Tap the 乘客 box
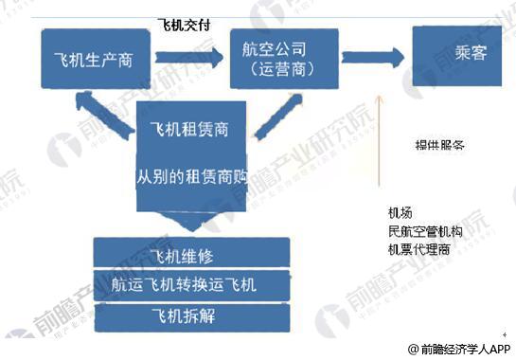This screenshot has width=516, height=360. click(x=458, y=54)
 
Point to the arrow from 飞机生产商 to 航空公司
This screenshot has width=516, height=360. click(x=194, y=60)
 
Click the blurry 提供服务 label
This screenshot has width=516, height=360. click(x=439, y=146)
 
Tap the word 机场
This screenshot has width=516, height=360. click(x=400, y=212)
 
